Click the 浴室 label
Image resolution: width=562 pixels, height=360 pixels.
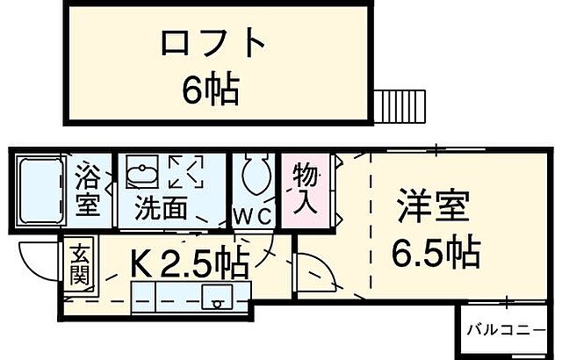[87, 190]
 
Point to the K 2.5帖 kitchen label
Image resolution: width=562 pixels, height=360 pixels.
[189, 261]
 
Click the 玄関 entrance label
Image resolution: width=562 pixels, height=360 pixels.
[78, 263]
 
